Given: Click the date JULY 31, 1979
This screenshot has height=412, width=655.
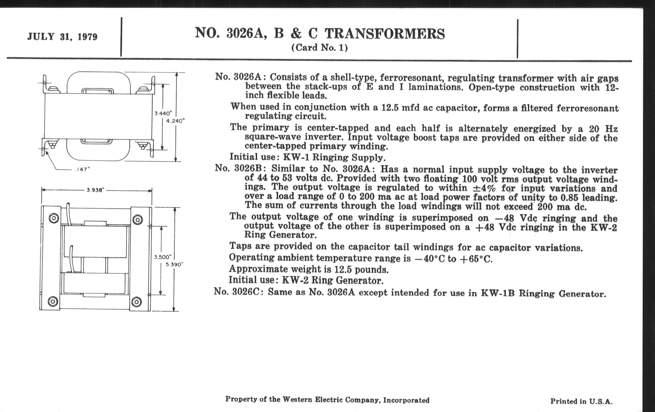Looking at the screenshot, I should click(x=62, y=37).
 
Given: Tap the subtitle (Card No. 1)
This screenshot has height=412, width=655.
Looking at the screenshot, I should click(x=319, y=48).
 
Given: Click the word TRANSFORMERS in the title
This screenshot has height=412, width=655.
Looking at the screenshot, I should click(x=385, y=34).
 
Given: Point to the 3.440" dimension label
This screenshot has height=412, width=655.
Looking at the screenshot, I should click(x=163, y=113).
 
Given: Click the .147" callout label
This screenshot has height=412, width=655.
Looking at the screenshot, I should click(x=82, y=169).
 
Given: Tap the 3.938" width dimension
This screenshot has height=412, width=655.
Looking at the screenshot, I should click(x=95, y=190).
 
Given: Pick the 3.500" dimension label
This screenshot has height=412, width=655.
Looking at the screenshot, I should click(x=163, y=257).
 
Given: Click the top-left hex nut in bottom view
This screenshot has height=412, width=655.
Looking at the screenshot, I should click(x=54, y=218).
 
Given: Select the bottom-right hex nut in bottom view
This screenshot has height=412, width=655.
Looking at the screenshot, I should click(x=136, y=302).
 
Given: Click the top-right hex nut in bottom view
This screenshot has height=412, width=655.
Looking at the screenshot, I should click(x=137, y=219).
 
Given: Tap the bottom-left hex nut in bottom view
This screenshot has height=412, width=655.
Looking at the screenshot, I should click(x=53, y=301).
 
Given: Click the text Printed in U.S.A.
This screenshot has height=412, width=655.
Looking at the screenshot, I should click(x=581, y=401).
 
